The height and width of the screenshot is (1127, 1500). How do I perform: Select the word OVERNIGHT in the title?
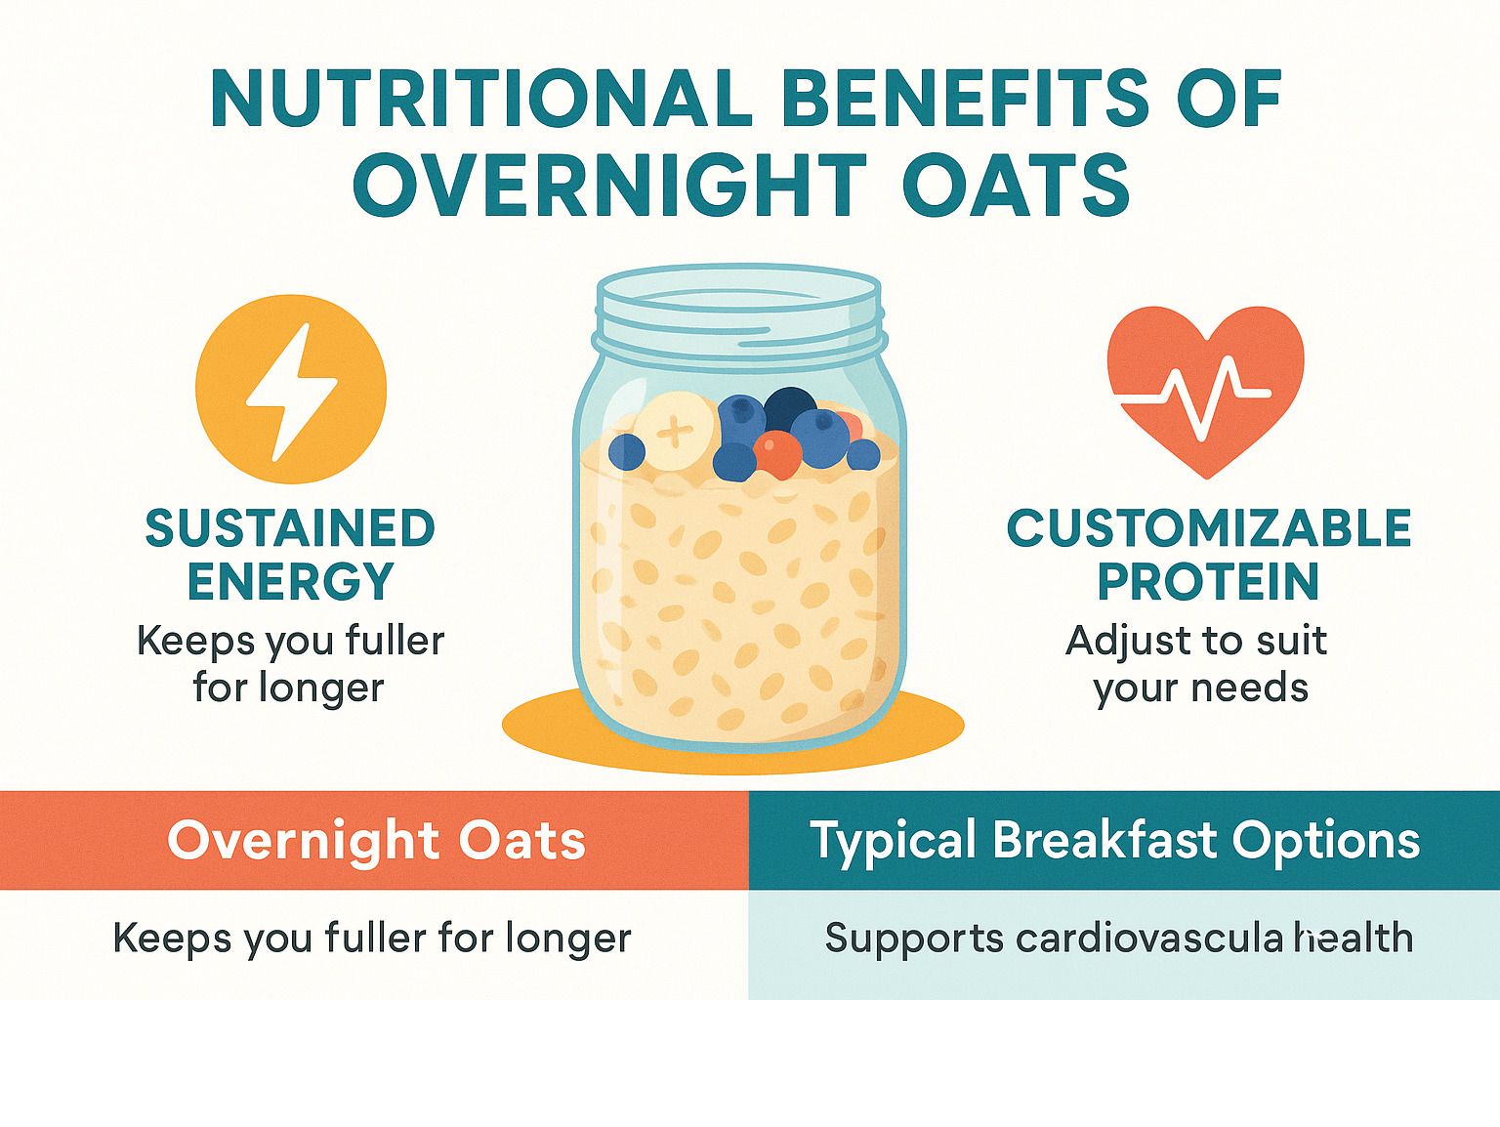click(x=609, y=184)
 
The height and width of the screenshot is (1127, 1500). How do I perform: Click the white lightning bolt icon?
click(x=292, y=392)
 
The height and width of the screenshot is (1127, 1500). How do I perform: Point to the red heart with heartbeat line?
click(x=1205, y=391)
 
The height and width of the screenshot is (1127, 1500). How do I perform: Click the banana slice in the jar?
click(x=675, y=432)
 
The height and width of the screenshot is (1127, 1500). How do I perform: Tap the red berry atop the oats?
click(x=777, y=454)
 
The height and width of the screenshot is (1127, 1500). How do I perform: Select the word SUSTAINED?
click(x=290, y=527)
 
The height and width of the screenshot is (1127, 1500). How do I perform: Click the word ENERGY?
click(x=290, y=582)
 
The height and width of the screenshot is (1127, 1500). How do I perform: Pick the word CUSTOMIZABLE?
click(x=1209, y=527)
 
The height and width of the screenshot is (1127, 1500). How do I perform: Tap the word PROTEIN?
click(x=1208, y=581)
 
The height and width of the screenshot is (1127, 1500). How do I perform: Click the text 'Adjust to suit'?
click(x=1196, y=641)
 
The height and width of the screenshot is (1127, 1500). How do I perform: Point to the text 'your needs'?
click(x=1201, y=689)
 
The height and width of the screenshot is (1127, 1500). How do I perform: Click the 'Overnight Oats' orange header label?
click(x=377, y=841)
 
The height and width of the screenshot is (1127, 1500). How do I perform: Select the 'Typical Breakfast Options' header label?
click(x=1114, y=841)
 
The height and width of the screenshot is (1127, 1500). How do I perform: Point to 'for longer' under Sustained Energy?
click(x=288, y=689)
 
